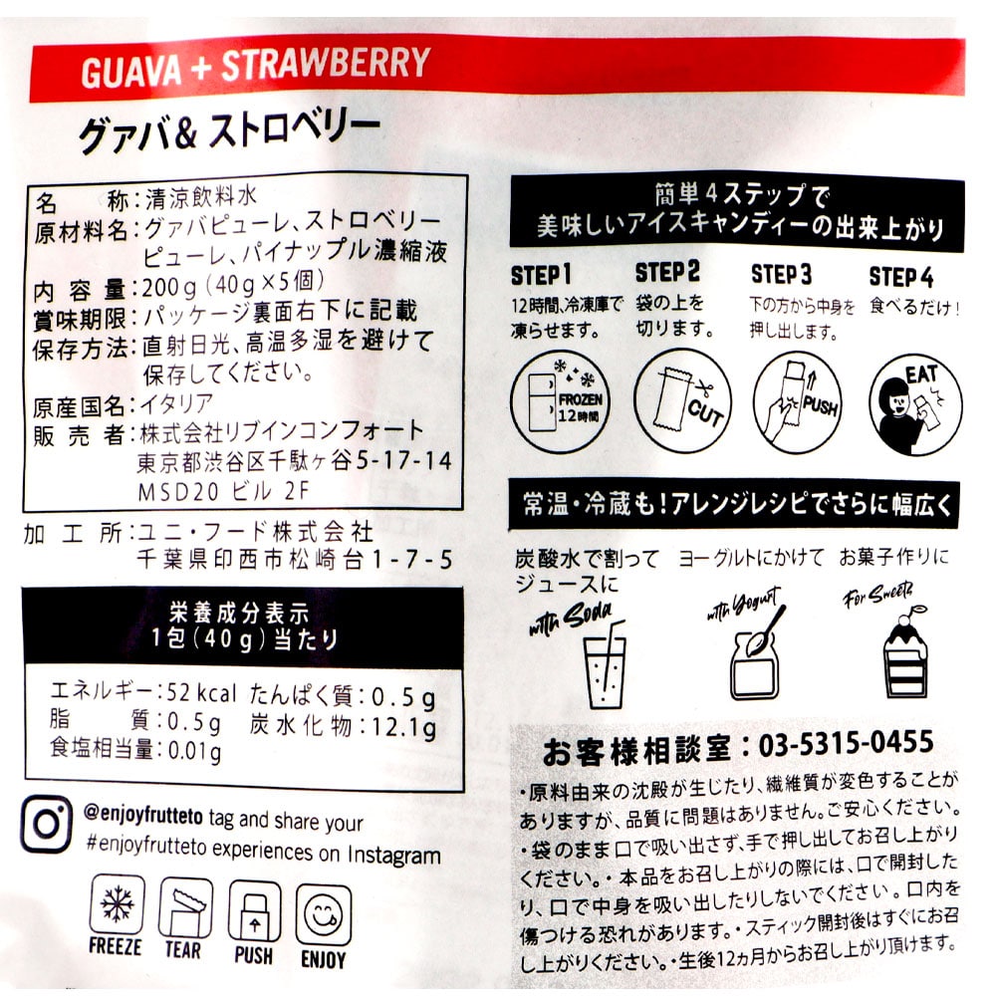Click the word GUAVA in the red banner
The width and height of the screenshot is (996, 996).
(x=131, y=71)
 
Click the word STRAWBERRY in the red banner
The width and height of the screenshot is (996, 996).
(x=326, y=64)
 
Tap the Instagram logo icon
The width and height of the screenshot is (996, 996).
(x=47, y=824)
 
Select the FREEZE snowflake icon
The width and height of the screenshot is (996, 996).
(x=117, y=903)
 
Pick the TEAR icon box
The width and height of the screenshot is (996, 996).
(x=185, y=907)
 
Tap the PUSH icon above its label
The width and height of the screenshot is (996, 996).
(x=254, y=911)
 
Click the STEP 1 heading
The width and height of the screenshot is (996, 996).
(x=541, y=275)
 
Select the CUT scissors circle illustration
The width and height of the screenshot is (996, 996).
(x=683, y=400)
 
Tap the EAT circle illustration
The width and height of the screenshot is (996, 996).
(x=915, y=404)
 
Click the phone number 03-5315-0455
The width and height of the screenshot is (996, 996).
(x=846, y=743)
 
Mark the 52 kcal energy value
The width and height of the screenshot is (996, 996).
(x=201, y=693)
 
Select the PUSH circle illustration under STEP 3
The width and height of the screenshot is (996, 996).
(x=798, y=402)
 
